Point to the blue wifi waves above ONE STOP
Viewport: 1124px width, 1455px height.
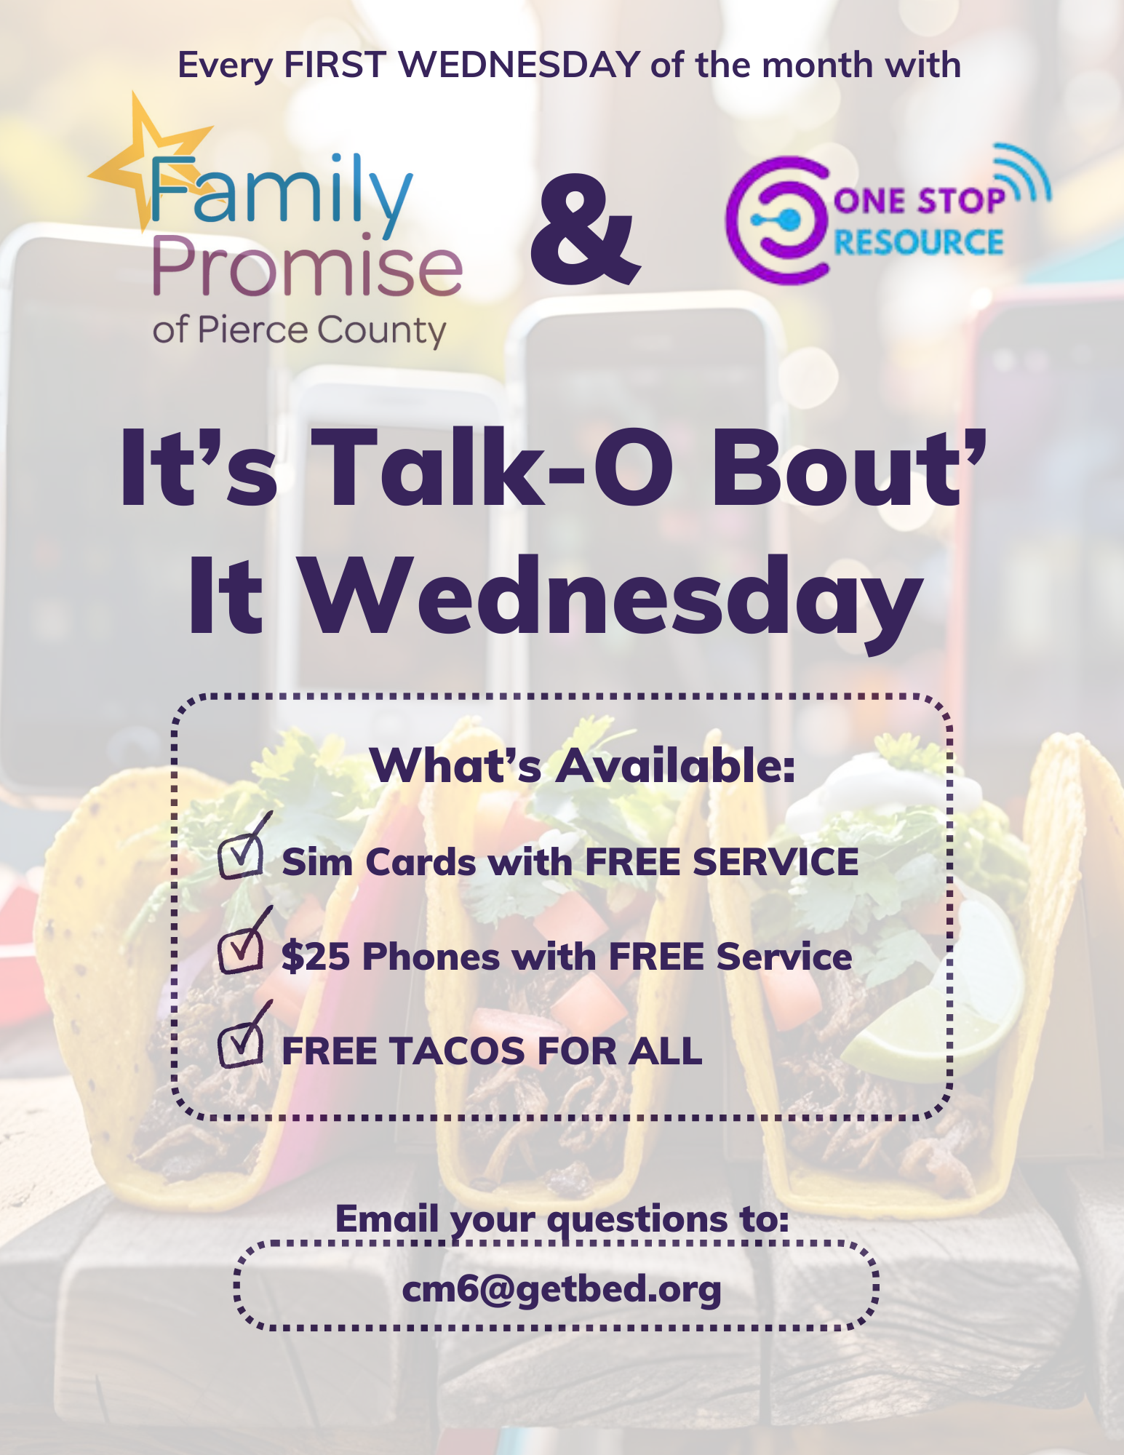click(1023, 172)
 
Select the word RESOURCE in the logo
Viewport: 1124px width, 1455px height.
click(918, 242)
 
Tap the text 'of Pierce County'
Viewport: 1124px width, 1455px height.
click(299, 331)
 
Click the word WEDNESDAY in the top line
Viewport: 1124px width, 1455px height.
click(519, 65)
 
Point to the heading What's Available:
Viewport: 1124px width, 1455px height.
click(582, 765)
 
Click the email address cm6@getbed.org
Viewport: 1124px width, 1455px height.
click(562, 1290)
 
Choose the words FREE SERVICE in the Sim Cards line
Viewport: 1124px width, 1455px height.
click(722, 862)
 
